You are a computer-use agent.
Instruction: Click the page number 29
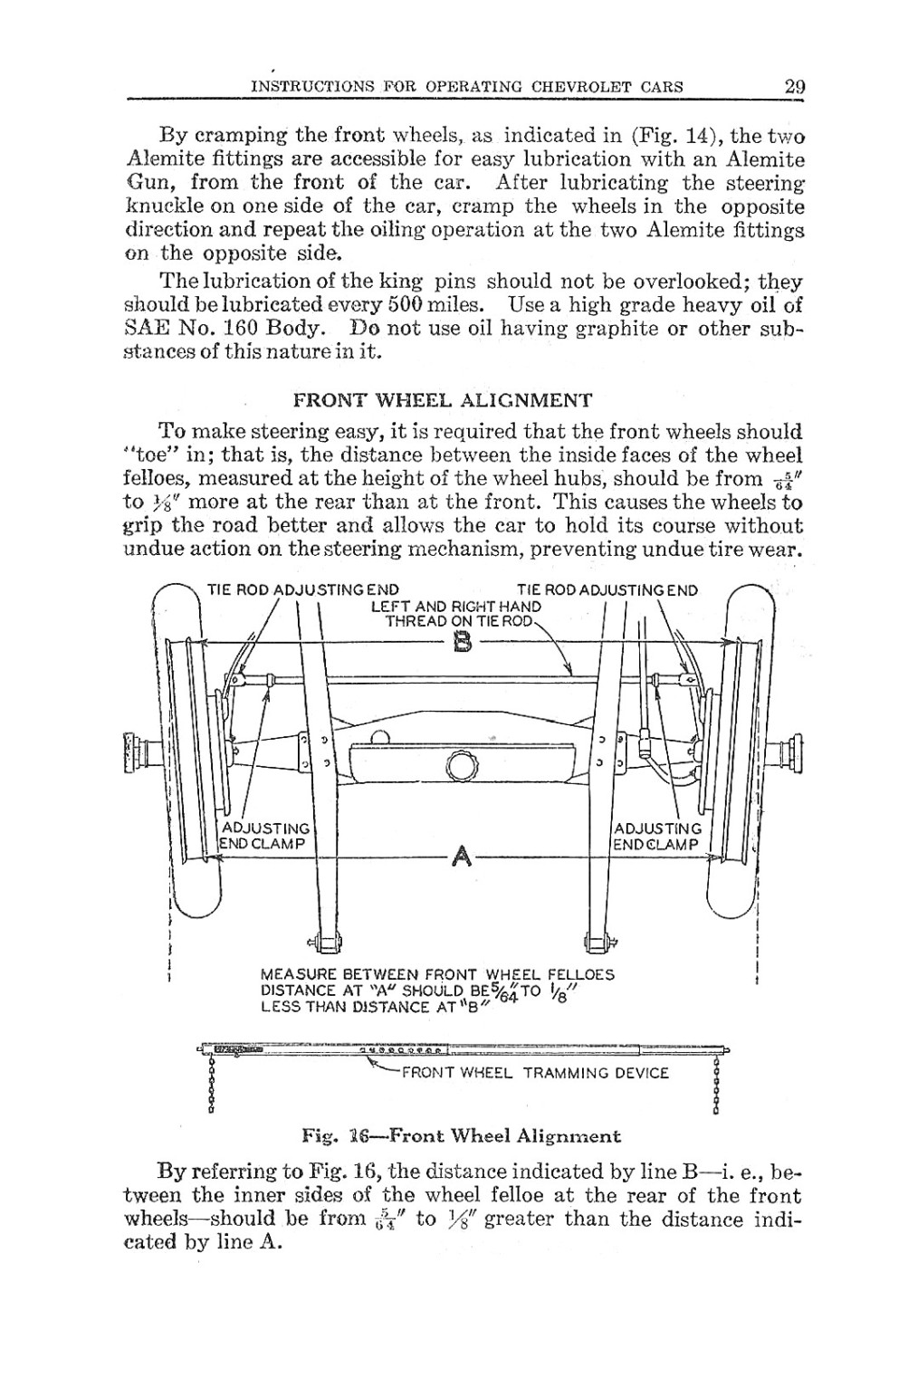795,87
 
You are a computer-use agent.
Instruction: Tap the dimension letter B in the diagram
463,643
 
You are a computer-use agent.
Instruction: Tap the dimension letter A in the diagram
462,855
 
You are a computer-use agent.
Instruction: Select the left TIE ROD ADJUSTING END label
303,590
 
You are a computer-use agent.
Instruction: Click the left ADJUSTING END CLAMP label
266,836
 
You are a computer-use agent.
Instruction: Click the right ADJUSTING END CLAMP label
657,836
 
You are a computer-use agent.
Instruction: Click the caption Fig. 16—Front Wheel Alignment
462,1135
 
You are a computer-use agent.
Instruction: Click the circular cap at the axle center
462,769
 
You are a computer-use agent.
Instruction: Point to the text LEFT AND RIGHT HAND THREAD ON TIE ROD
456,614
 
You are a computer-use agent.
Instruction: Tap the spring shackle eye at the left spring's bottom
320,942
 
